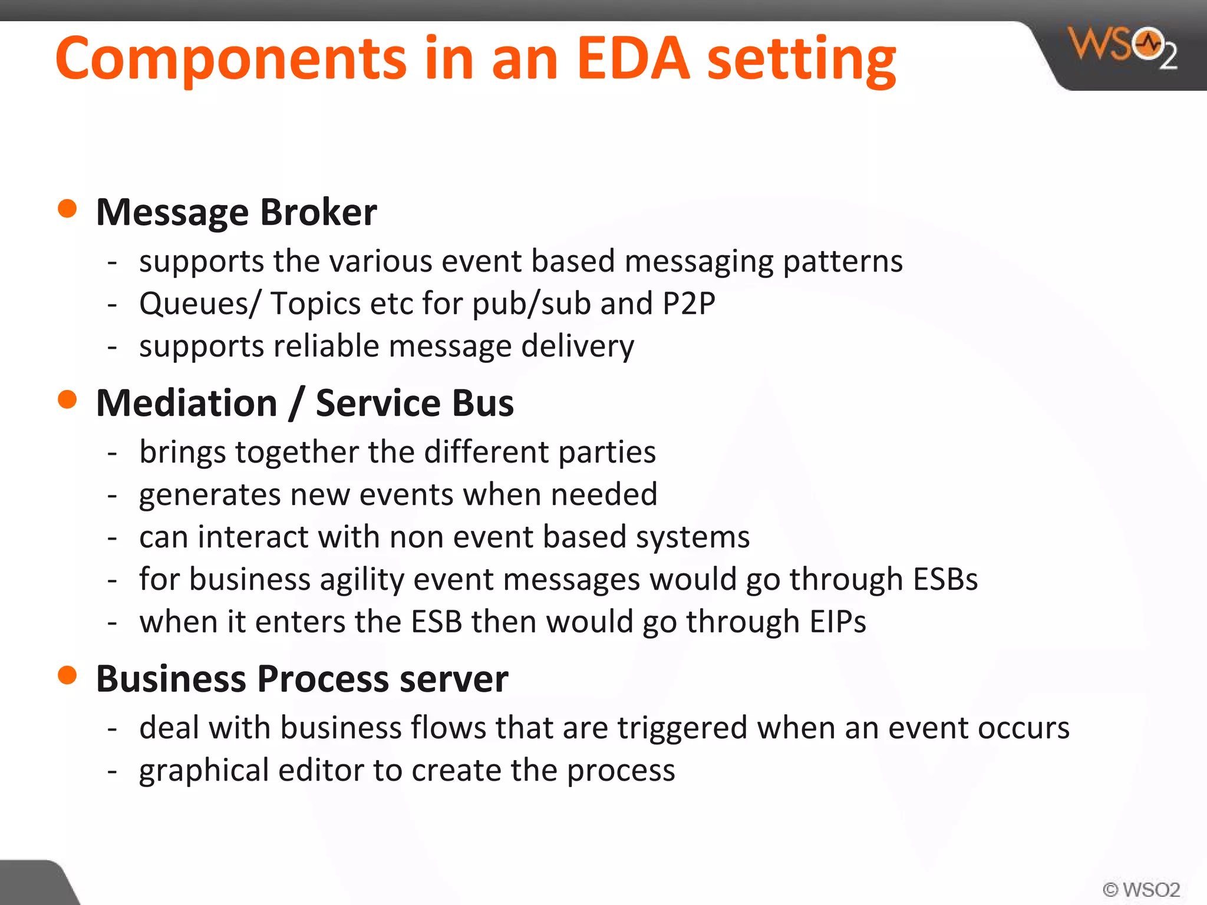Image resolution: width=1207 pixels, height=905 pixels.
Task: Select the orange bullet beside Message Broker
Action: tap(68, 209)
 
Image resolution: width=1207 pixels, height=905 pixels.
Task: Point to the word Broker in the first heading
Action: tap(318, 212)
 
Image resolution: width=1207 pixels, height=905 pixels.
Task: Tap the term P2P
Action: tap(688, 303)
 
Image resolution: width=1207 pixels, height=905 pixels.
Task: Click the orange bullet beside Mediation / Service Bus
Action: tap(68, 399)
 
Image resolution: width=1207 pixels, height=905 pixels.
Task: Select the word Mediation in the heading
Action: tap(187, 403)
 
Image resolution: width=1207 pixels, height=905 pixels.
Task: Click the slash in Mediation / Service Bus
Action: tap(296, 404)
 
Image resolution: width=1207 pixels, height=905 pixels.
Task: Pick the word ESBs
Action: tap(945, 579)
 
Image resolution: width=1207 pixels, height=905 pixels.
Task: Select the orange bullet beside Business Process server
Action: tap(68, 675)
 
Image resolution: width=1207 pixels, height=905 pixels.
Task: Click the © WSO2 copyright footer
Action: tap(1141, 889)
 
